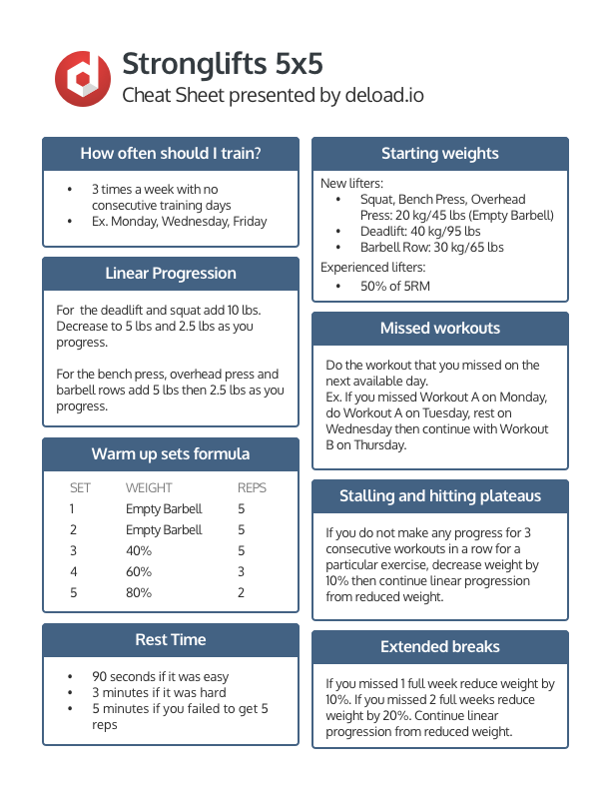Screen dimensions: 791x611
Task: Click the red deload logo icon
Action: tap(81, 78)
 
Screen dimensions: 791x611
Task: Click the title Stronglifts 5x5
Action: tap(222, 65)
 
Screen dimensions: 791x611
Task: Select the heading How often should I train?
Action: tap(171, 154)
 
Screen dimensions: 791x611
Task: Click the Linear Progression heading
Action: tap(171, 274)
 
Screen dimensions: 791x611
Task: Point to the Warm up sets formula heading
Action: tap(171, 454)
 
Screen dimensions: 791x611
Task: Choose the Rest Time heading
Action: tap(171, 640)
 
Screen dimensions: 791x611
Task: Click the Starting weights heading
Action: tap(440, 154)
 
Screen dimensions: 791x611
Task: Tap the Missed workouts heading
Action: tap(440, 329)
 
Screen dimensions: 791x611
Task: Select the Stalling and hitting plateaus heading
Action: tap(440, 496)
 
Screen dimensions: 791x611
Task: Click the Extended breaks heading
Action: tap(440, 647)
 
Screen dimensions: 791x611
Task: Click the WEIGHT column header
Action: tap(149, 488)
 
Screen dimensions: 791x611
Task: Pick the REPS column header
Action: tap(252, 488)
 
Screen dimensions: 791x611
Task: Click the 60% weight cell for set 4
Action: tap(139, 572)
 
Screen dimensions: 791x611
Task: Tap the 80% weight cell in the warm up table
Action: tap(139, 593)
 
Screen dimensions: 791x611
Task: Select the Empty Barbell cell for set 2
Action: tap(164, 530)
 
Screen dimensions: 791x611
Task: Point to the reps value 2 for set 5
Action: tap(241, 593)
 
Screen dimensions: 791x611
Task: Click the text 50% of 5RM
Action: tap(395, 287)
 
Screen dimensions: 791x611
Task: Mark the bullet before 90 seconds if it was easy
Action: tap(70, 676)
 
